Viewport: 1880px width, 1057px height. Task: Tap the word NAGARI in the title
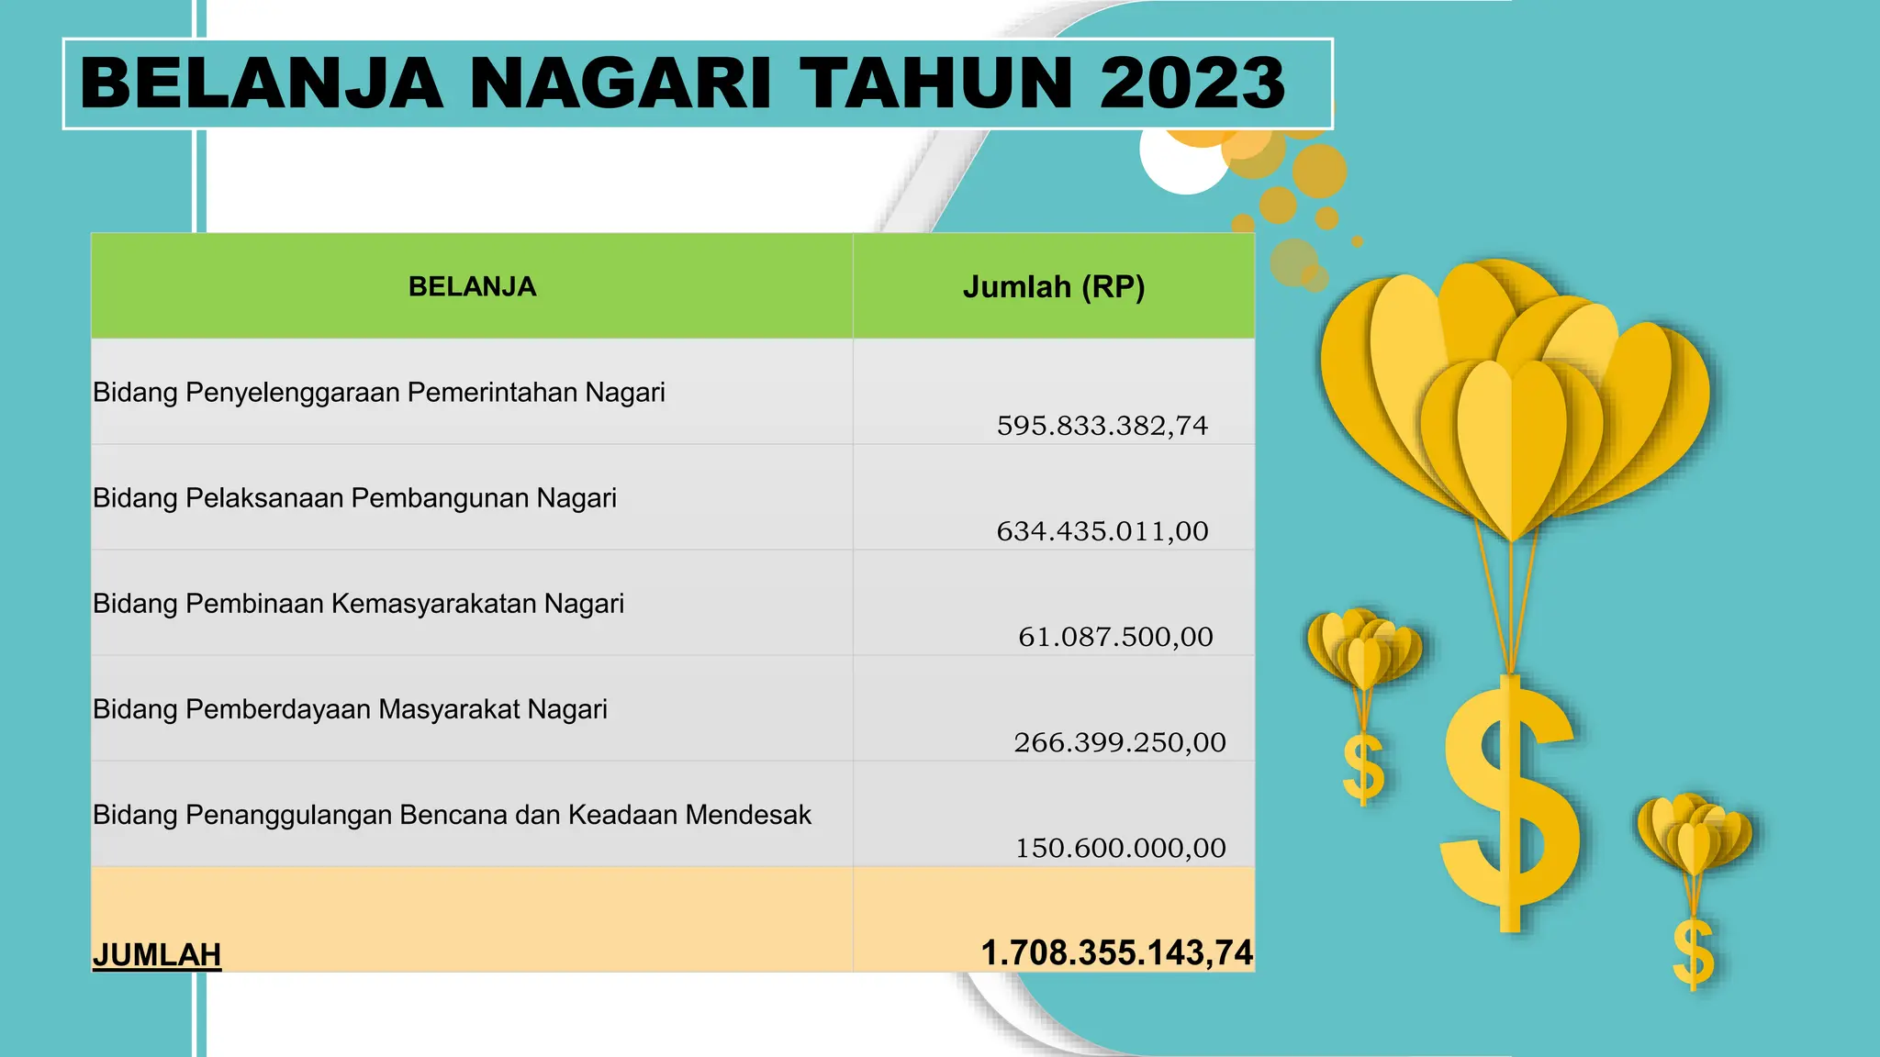point(621,83)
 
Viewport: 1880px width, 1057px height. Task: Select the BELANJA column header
point(472,286)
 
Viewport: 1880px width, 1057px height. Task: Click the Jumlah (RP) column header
point(1054,287)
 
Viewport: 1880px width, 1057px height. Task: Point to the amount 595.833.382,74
point(1102,426)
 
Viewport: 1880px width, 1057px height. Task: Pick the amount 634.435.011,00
point(1102,531)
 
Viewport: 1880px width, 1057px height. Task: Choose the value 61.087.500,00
point(1115,637)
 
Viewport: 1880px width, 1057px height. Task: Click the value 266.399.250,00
point(1119,742)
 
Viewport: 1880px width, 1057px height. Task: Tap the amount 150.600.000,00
point(1120,848)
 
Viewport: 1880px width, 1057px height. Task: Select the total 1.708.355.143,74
point(1116,952)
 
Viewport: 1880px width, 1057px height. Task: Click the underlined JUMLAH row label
point(157,954)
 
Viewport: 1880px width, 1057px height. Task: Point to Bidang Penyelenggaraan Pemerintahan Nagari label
point(378,393)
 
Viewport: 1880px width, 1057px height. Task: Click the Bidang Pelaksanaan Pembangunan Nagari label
point(354,498)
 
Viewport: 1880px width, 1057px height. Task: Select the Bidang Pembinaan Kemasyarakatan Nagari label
point(358,604)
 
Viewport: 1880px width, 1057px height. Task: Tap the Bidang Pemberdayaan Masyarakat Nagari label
point(350,709)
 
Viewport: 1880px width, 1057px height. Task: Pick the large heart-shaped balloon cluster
point(1515,404)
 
